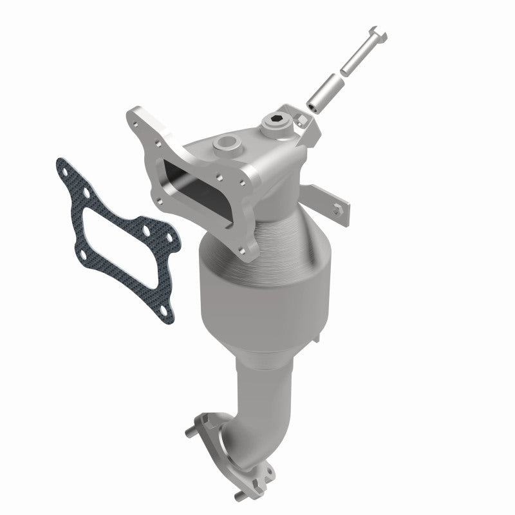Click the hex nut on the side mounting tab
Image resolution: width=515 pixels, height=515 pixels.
pyautogui.click(x=336, y=207)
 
